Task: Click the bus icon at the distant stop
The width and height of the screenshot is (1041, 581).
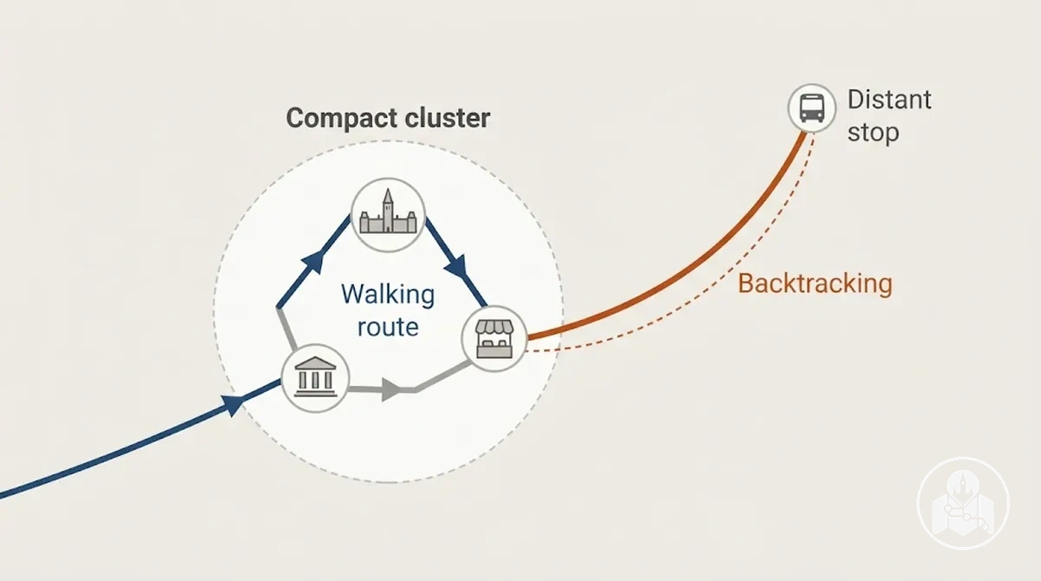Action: [812, 108]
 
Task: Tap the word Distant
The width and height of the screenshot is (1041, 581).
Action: [889, 100]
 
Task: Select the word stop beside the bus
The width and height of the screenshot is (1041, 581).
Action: [874, 133]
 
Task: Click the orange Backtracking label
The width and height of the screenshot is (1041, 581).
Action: [815, 284]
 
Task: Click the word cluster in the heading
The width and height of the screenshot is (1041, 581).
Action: [448, 117]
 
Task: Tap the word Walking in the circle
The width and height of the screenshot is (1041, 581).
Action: [388, 295]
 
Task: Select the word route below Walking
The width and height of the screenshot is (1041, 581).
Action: [388, 327]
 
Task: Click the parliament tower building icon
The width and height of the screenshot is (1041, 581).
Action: [388, 215]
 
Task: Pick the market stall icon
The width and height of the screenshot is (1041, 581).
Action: [494, 338]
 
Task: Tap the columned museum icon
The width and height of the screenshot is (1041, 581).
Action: [316, 376]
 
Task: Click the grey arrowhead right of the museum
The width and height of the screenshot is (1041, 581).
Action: [391, 389]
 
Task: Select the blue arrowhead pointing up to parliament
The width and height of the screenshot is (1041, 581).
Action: [315, 262]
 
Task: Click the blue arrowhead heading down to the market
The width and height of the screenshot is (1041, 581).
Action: [457, 266]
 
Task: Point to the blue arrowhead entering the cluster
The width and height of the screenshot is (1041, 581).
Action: [232, 404]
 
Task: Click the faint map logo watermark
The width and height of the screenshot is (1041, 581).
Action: [964, 503]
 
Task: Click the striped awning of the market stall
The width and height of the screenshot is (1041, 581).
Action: [494, 327]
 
